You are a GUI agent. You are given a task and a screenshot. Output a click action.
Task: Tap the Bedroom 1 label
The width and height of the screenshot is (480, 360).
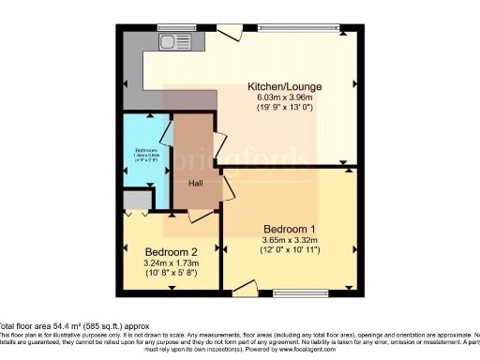288,228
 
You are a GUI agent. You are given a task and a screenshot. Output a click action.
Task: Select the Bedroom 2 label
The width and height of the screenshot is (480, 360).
171,252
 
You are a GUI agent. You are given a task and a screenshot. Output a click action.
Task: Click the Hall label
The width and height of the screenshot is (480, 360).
196,182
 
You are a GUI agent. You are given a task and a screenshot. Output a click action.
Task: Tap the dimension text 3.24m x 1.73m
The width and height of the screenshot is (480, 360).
171,264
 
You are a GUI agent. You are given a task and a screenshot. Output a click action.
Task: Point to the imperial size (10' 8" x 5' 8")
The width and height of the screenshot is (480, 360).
171,276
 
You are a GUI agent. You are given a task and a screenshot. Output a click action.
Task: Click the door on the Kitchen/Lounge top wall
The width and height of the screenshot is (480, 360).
228,32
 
